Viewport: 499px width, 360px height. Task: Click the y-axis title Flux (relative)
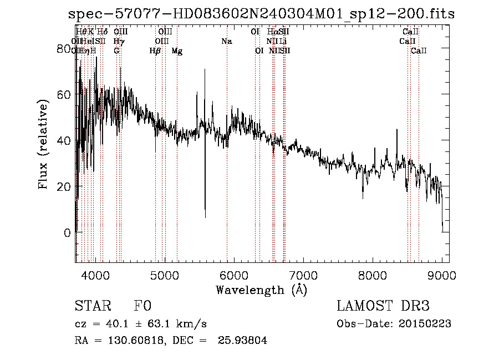44,144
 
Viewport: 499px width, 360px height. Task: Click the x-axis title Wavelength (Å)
261,290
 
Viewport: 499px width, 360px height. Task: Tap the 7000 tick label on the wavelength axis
303,275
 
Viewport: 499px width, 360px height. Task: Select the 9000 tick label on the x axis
442,275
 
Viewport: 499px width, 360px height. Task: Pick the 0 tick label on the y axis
67,233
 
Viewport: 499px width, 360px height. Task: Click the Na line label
226,42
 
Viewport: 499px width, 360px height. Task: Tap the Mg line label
177,51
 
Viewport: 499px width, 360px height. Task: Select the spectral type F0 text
142,307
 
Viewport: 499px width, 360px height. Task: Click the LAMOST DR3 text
383,307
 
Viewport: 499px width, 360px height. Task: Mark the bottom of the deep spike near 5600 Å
205,217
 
